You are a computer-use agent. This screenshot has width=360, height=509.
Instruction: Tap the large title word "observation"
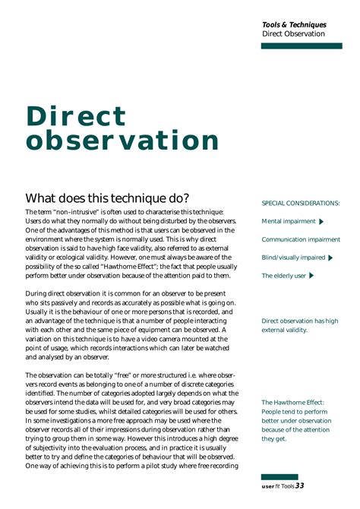pos(122,141)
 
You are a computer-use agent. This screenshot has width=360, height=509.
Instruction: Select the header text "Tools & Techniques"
pos(294,24)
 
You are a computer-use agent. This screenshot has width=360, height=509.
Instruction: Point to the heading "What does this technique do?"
pos(107,198)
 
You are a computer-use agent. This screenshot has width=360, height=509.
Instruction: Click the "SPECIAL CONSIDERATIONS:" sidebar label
pos(300,204)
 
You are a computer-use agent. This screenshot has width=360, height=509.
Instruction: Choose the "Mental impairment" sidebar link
pos(288,221)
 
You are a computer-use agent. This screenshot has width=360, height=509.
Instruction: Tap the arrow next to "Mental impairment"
pos(322,222)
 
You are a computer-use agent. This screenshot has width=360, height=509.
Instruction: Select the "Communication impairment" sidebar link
pos(301,239)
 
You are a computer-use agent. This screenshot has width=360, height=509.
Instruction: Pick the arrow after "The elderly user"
pos(312,276)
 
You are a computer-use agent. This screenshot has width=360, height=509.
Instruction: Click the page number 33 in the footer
pos(299,485)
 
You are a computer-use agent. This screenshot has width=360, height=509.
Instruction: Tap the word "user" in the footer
pos(268,486)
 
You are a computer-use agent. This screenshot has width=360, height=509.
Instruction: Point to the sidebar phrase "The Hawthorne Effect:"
pos(292,403)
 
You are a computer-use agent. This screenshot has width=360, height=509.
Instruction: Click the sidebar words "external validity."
pos(284,330)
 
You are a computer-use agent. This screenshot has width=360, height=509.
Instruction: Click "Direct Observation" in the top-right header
pos(293,34)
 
